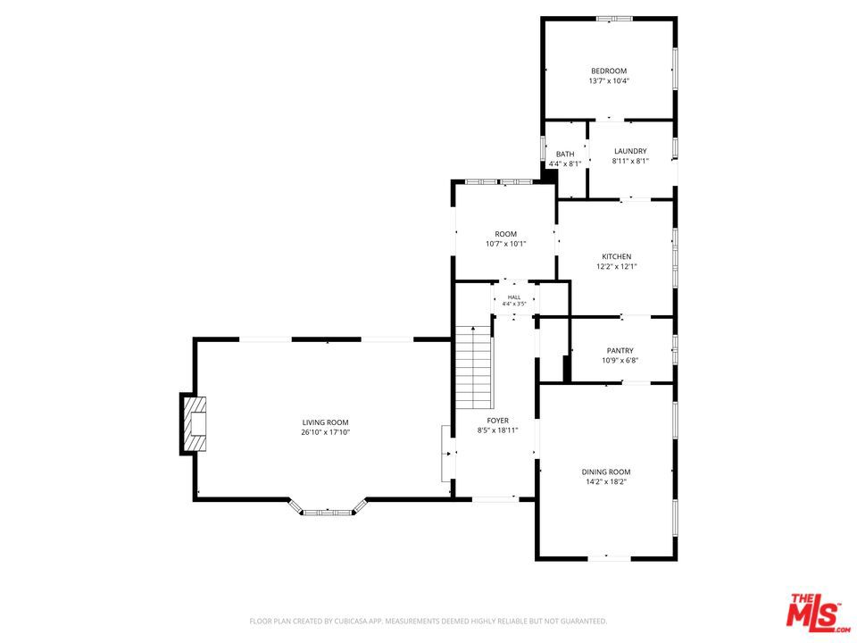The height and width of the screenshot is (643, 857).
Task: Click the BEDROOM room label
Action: click(x=609, y=71)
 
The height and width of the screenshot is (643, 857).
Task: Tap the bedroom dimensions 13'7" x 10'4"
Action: click(x=609, y=81)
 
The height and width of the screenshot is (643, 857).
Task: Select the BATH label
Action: click(x=565, y=154)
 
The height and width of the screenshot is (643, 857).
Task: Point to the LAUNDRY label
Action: click(x=630, y=151)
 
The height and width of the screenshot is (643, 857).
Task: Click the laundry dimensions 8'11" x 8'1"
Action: click(x=630, y=162)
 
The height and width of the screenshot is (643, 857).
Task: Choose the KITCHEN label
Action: click(x=617, y=256)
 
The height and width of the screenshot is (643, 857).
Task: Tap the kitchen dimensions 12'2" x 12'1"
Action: click(x=617, y=267)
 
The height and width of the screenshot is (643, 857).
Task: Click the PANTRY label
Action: click(x=620, y=350)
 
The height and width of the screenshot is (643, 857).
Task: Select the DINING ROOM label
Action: click(x=606, y=472)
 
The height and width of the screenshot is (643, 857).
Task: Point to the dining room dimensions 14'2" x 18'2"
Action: click(x=606, y=482)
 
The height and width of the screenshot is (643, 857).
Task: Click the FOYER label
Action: click(x=497, y=421)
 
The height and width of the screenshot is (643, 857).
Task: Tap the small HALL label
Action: click(x=514, y=297)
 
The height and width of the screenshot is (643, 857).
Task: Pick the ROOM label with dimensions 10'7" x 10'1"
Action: click(x=505, y=234)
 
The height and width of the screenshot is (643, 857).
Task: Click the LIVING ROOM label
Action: click(x=325, y=422)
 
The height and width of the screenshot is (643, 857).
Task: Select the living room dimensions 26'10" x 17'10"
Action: click(x=325, y=432)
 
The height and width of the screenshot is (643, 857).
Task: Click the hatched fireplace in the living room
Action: click(x=195, y=423)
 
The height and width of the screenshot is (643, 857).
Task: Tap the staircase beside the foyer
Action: click(x=474, y=367)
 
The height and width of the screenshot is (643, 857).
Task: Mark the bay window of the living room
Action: click(x=328, y=509)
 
